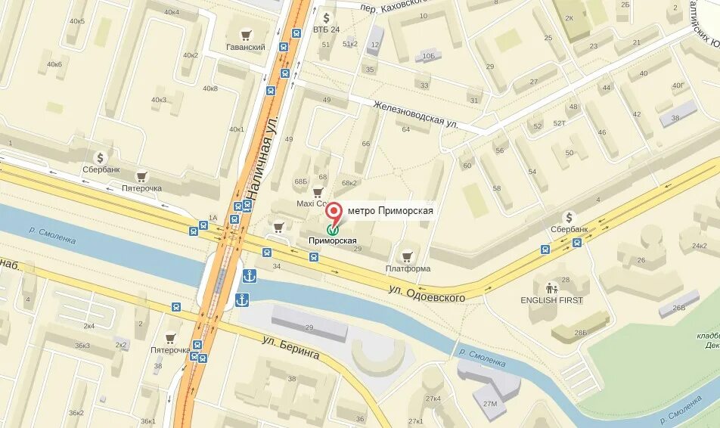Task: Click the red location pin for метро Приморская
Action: tap(334, 212)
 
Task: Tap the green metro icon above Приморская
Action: tap(333, 228)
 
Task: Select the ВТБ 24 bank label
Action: tap(326, 29)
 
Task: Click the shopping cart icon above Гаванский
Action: tap(246, 34)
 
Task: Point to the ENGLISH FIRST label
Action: tap(552, 299)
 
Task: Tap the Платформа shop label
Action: tap(408, 268)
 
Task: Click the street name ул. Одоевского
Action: tap(427, 293)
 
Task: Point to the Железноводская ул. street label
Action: tap(416, 113)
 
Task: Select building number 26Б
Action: tap(678, 307)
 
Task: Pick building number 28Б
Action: tap(579, 333)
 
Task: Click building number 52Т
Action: tap(559, 123)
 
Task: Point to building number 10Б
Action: tap(429, 56)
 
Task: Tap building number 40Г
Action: tap(677, 86)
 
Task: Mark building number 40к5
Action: tap(76, 20)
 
